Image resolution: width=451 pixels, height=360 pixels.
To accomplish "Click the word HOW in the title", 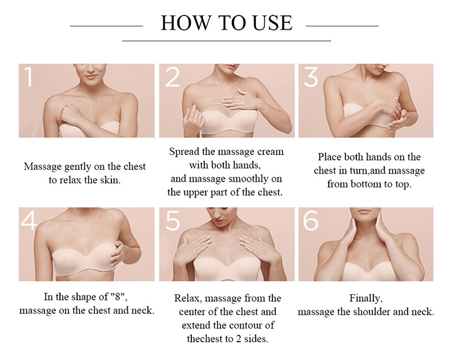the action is click(x=186, y=23).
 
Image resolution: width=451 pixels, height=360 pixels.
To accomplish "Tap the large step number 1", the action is click(x=28, y=77).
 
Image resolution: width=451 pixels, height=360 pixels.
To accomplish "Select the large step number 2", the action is click(x=172, y=77).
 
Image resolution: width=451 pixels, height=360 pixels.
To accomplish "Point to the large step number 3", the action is click(x=311, y=77).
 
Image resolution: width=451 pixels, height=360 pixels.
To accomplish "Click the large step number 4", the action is click(x=29, y=221).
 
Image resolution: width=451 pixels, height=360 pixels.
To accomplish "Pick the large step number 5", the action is click(x=172, y=221).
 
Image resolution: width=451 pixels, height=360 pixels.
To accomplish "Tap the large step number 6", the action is click(x=311, y=221).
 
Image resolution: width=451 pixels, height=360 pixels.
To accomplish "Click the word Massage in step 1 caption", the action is click(x=43, y=167).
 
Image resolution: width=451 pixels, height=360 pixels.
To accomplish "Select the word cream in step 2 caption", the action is click(x=271, y=151).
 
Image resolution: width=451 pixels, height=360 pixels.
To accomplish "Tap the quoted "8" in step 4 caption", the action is click(x=119, y=297).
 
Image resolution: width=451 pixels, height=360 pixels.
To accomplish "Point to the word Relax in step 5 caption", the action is click(x=187, y=298).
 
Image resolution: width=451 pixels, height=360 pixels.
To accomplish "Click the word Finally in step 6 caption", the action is click(x=366, y=299).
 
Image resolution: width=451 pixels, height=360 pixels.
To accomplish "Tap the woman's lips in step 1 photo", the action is click(x=91, y=77).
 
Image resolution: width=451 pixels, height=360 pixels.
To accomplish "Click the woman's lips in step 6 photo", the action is click(x=364, y=211).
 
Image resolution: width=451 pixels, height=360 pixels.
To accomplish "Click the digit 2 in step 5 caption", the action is click(x=239, y=339).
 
